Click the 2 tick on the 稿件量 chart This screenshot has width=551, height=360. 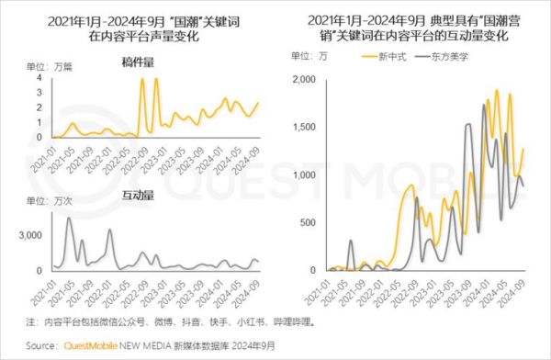tap(39, 107)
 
